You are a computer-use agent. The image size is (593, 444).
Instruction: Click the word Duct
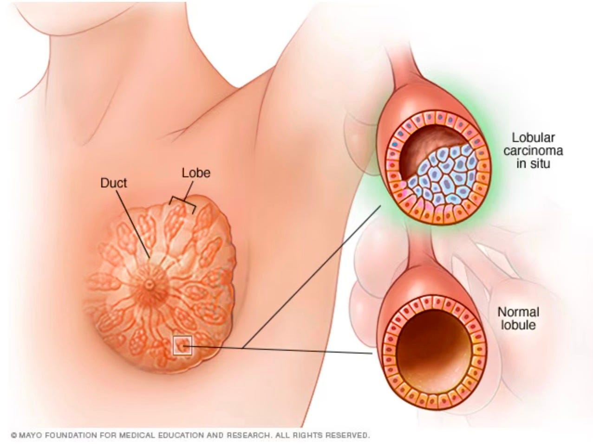[114, 183]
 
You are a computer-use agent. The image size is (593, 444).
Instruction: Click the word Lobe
[195, 173]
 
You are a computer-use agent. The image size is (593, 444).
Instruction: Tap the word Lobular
[534, 138]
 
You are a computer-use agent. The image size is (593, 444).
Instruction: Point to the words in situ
[534, 163]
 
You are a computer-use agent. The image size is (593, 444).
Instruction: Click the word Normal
[518, 312]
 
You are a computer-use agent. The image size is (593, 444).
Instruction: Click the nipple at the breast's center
[150, 285]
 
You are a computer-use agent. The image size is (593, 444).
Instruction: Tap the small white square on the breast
[182, 346]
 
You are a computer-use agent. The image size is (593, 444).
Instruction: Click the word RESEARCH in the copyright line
[248, 436]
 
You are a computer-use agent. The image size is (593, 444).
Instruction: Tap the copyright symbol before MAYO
[14, 436]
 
